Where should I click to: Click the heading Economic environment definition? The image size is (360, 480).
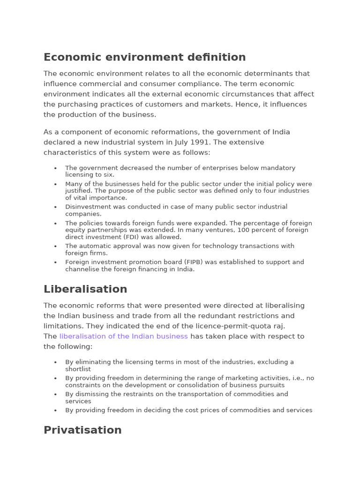pyautogui.click(x=144, y=57)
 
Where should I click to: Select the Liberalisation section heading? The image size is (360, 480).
pyautogui.click(x=85, y=289)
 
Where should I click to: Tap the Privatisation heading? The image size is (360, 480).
pyautogui.click(x=82, y=430)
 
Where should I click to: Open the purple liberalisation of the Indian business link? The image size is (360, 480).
pyautogui.click(x=123, y=337)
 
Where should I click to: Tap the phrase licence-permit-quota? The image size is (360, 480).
pyautogui.click(x=234, y=326)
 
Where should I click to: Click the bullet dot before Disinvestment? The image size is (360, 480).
pyautogui.click(x=55, y=207)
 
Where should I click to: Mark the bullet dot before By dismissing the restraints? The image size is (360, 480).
pyautogui.click(x=55, y=395)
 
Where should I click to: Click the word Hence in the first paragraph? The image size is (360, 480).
pyautogui.click(x=255, y=105)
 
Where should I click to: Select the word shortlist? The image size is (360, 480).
pyautogui.click(x=78, y=369)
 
